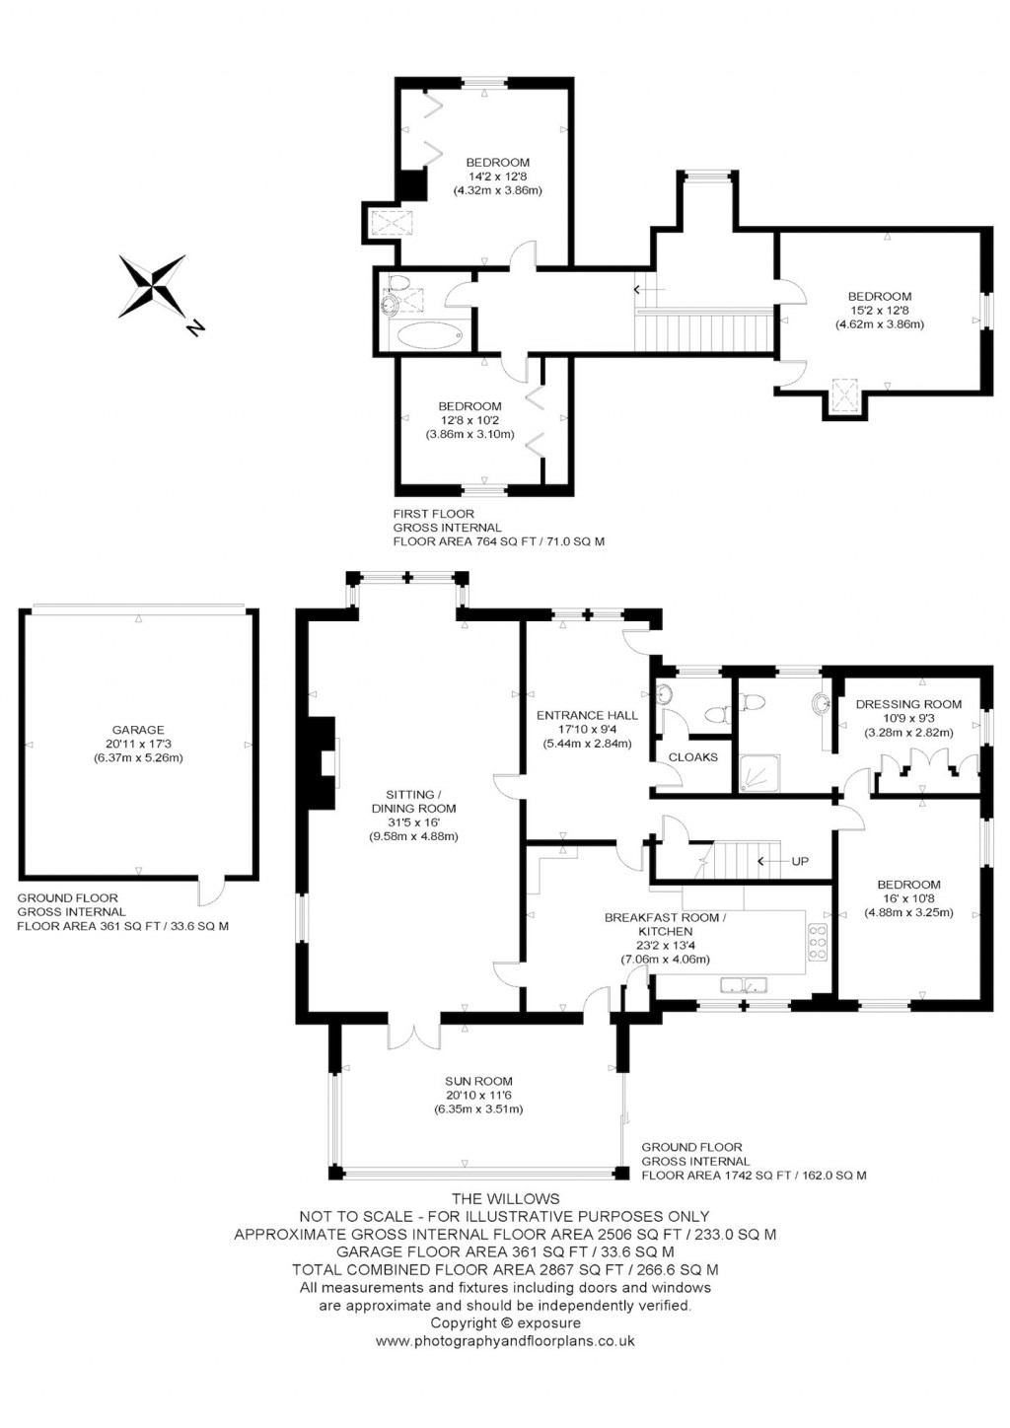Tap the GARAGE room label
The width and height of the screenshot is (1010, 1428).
(x=138, y=730)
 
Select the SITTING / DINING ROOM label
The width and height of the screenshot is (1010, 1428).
(x=413, y=801)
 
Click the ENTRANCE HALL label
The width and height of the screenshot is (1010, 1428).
(x=587, y=715)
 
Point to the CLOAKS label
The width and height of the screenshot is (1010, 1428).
(x=693, y=756)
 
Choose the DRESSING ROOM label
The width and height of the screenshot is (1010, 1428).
(x=908, y=704)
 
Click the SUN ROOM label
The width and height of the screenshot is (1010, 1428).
(x=478, y=1081)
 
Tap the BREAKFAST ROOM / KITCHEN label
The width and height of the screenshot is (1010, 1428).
(x=665, y=924)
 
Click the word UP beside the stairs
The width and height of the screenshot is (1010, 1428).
(x=800, y=861)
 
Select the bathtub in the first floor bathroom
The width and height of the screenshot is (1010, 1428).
(x=430, y=335)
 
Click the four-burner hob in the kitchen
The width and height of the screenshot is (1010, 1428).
(x=818, y=943)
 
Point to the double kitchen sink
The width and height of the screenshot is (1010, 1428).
(x=745, y=984)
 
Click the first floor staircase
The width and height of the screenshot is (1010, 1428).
(x=703, y=329)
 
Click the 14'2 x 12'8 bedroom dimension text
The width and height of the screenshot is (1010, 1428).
(x=498, y=177)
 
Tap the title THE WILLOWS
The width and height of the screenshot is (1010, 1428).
(x=504, y=1198)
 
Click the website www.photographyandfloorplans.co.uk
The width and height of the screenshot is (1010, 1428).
(x=505, y=1340)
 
